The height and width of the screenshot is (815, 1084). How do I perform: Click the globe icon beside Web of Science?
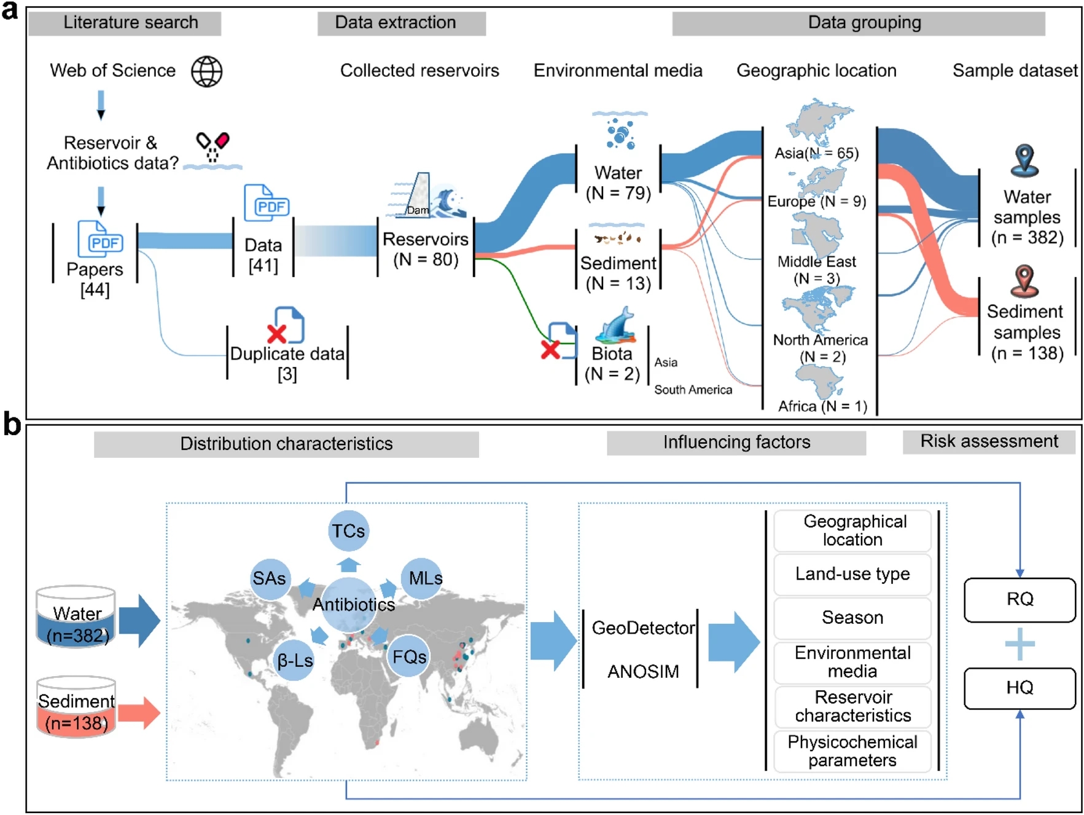[206, 71]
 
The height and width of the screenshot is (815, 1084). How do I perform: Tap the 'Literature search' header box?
[125, 23]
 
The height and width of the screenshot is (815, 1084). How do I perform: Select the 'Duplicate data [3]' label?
[287, 363]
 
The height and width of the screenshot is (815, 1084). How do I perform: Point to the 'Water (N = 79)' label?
[618, 183]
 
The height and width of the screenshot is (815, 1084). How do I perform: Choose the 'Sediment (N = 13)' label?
[618, 273]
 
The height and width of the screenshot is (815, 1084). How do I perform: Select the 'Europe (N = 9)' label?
[816, 201]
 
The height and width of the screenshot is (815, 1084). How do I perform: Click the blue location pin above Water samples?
[1024, 160]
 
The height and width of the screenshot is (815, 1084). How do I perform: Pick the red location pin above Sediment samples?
[1024, 281]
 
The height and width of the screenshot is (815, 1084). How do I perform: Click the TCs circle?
[348, 530]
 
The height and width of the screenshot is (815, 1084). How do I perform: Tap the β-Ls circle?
[295, 661]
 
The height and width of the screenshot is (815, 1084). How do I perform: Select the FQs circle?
[409, 656]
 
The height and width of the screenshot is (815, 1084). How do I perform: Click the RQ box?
[1020, 599]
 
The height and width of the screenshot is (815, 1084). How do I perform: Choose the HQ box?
[1020, 688]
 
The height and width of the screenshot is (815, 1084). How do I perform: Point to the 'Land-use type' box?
[852, 574]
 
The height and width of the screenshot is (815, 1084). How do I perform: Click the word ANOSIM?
[643, 671]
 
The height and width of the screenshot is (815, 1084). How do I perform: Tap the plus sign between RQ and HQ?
[1020, 644]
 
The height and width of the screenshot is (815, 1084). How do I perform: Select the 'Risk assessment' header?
[989, 441]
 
